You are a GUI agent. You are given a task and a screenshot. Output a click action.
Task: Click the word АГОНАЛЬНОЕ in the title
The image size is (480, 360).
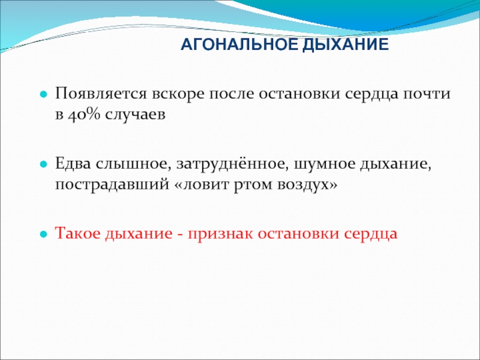coord(239,44)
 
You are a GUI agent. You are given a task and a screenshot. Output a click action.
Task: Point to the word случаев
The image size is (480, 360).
coord(135,115)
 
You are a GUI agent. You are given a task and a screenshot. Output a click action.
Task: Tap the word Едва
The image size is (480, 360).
coord(73,164)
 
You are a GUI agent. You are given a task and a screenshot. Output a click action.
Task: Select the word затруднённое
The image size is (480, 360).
coord(232,164)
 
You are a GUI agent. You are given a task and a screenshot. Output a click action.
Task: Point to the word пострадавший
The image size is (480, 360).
coord(112,185)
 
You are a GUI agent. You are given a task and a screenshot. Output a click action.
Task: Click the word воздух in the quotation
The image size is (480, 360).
coord(303,185)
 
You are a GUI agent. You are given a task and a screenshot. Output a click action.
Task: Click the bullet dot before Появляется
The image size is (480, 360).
coord(44,95)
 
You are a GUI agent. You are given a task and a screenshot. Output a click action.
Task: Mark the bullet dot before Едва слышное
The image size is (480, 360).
coord(44,164)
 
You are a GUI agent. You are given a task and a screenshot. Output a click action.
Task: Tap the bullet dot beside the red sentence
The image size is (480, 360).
coord(44,235)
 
